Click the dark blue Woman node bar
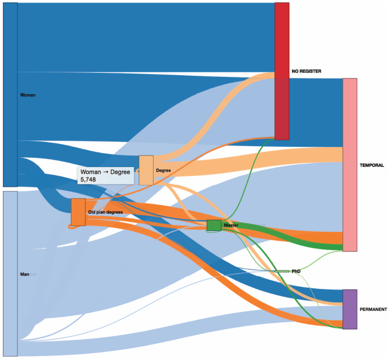(10, 95)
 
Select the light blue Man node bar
(10, 274)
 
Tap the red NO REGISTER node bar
(282, 71)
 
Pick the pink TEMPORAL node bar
(350, 165)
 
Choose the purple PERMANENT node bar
(350, 309)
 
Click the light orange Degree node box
(146, 170)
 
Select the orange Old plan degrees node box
(78, 212)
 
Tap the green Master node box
(214, 225)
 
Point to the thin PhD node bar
(282, 271)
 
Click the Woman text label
(28, 95)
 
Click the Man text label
(25, 274)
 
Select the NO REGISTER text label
(306, 71)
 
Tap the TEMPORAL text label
(372, 165)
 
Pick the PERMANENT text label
(373, 310)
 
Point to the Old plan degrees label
(106, 212)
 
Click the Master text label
(231, 225)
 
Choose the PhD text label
(296, 271)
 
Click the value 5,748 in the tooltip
(88, 179)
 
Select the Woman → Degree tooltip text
(105, 172)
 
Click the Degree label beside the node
(164, 170)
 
